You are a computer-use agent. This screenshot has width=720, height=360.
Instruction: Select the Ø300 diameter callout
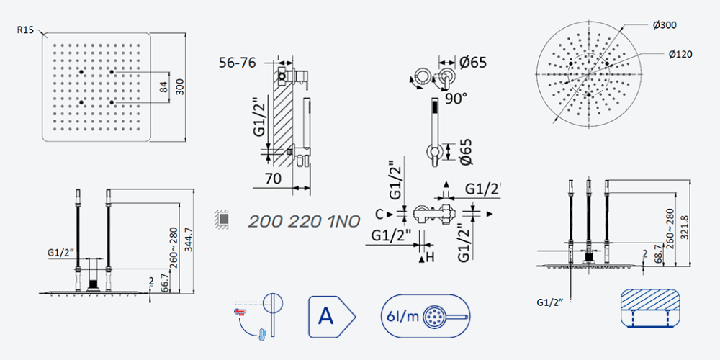tap(665, 24)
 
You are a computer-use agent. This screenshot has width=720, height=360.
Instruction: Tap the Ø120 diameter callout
tap(680, 54)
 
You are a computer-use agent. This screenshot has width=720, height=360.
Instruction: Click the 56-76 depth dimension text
tap(238, 63)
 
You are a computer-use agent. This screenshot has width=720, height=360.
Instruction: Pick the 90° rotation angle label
tap(456, 98)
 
